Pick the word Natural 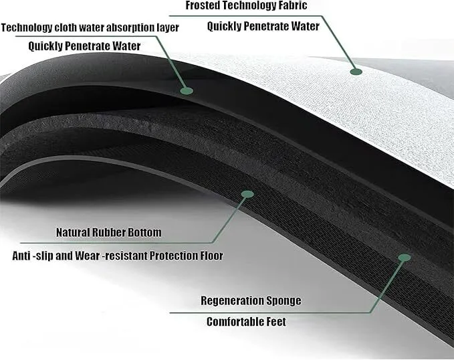(x=75, y=233)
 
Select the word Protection (x=170, y=256)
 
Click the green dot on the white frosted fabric (x=356, y=69)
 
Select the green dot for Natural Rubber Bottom (x=247, y=193)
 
